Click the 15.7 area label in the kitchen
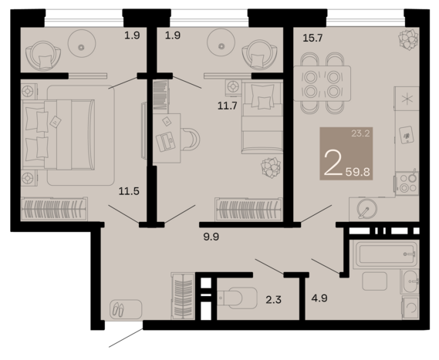point(312,38)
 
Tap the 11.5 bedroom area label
point(129,191)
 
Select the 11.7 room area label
point(228,106)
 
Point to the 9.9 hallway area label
point(211,237)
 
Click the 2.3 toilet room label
point(273,300)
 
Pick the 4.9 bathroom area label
point(319,298)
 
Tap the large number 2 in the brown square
point(333,164)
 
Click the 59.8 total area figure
point(357,172)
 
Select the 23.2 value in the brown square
point(360,133)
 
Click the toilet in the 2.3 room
point(237,298)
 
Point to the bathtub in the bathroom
point(386,254)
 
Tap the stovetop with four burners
point(407,183)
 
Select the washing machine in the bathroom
point(410,308)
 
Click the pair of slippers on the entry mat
point(118,310)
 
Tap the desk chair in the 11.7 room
point(191,139)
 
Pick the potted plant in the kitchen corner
point(409,39)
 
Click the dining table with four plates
point(322,83)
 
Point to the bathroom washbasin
point(410,281)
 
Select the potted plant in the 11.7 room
point(271,167)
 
